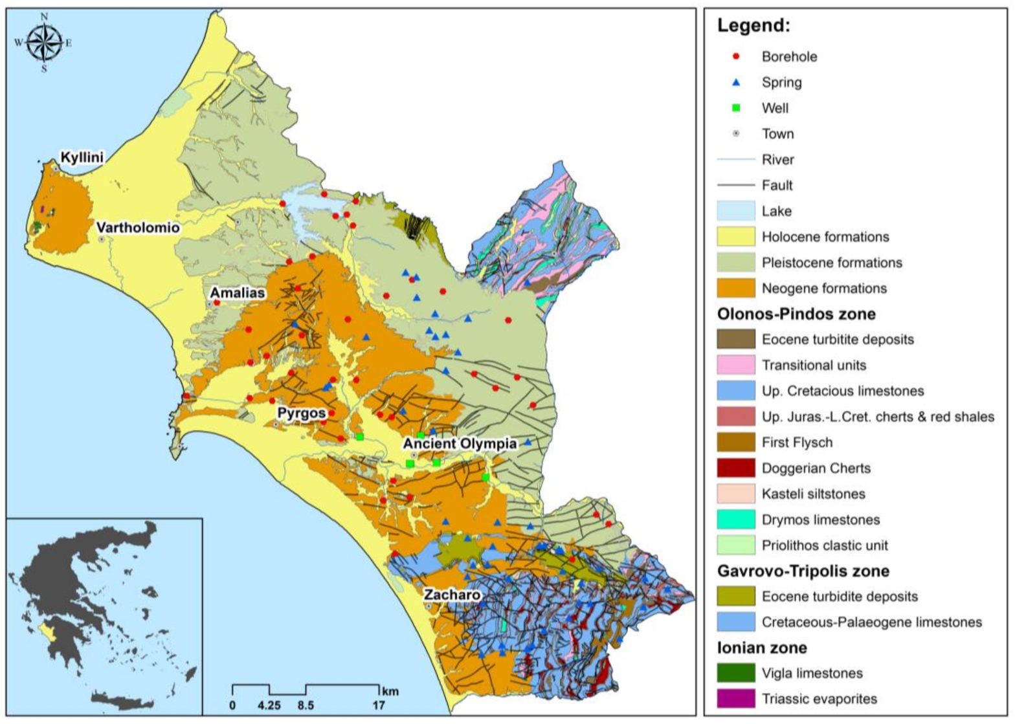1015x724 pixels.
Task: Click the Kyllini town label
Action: (82, 157)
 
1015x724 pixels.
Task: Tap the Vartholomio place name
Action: (138, 228)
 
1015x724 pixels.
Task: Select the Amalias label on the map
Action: (237, 293)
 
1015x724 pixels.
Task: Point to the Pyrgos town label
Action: (301, 413)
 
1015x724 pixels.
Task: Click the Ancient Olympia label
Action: (460, 443)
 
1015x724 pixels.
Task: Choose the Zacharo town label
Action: (452, 595)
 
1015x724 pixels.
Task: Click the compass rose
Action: (43, 43)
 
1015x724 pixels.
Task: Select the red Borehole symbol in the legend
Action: (735, 57)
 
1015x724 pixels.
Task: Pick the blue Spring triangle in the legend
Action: (735, 82)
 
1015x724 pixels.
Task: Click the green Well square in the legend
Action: (735, 108)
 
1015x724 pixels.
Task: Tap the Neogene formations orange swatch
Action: (736, 288)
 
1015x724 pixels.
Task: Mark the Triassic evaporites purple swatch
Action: (736, 699)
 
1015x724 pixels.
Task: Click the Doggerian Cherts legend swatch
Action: (736, 468)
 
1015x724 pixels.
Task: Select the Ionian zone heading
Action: (763, 648)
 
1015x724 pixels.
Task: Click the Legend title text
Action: (753, 27)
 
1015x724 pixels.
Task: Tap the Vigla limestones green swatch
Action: (736, 673)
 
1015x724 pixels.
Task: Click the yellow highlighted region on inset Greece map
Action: (46, 628)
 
